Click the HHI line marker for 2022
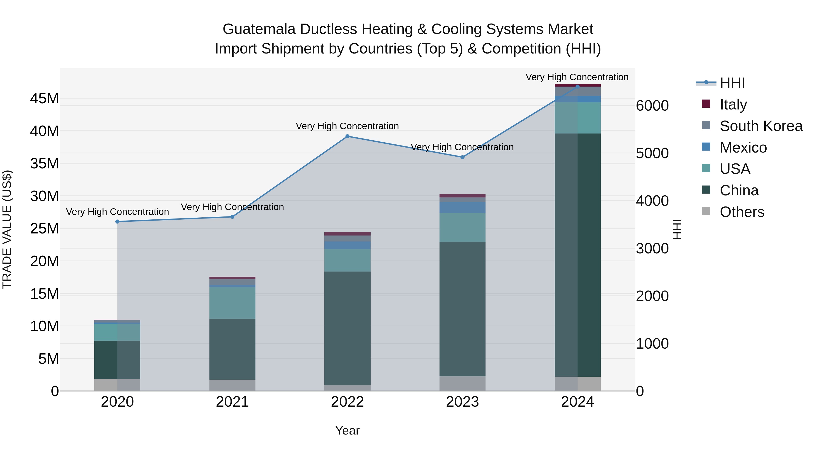click(347, 136)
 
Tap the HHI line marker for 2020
click(117, 222)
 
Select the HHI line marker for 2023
click(462, 157)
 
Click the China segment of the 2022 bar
click(347, 328)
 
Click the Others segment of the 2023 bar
click(462, 383)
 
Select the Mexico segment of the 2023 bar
click(462, 207)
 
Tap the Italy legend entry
click(733, 104)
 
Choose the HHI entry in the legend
click(732, 83)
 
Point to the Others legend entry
click(742, 212)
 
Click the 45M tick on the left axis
click(44, 99)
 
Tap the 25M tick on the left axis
click(44, 228)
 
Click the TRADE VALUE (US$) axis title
click(7, 229)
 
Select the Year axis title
click(347, 430)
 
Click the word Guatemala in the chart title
click(259, 29)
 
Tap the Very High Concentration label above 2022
click(347, 126)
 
